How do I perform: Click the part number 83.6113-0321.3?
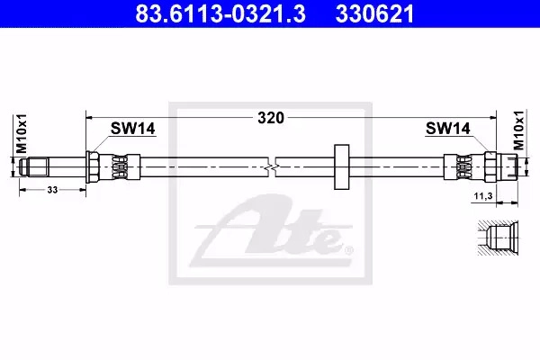click(220, 13)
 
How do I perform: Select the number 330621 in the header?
click(374, 13)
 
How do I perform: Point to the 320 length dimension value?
click(271, 118)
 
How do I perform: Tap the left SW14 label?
click(132, 129)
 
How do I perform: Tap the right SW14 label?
click(447, 129)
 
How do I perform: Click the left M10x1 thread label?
click(22, 134)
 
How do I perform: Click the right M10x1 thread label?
click(518, 130)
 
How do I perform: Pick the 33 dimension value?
click(52, 190)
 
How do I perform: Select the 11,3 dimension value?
click(483, 196)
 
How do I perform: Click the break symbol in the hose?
click(272, 167)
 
